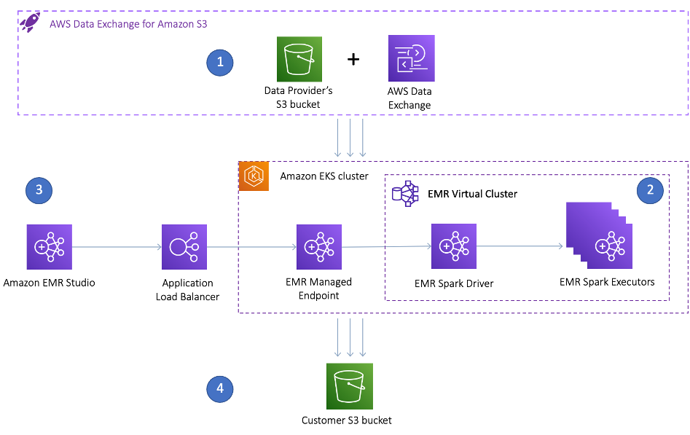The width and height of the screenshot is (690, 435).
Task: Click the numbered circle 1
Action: (220, 63)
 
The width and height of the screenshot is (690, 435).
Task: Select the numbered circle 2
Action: (648, 191)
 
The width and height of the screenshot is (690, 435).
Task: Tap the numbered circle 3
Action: (39, 191)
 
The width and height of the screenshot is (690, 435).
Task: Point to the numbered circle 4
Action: (220, 390)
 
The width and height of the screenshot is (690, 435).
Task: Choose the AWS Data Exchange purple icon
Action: (411, 58)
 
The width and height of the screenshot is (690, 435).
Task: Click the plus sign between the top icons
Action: (353, 59)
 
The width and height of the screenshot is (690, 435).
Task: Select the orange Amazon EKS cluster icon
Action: (254, 176)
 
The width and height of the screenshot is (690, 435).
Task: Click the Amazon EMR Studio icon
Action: (50, 248)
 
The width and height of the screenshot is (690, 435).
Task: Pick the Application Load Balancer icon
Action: (185, 248)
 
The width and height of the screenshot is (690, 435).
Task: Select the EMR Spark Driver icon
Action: (453, 248)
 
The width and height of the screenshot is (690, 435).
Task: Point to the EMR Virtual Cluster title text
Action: (472, 194)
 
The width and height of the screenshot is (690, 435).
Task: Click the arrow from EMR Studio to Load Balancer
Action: (117, 248)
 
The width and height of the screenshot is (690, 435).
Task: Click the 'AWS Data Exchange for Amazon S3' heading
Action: (128, 23)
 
